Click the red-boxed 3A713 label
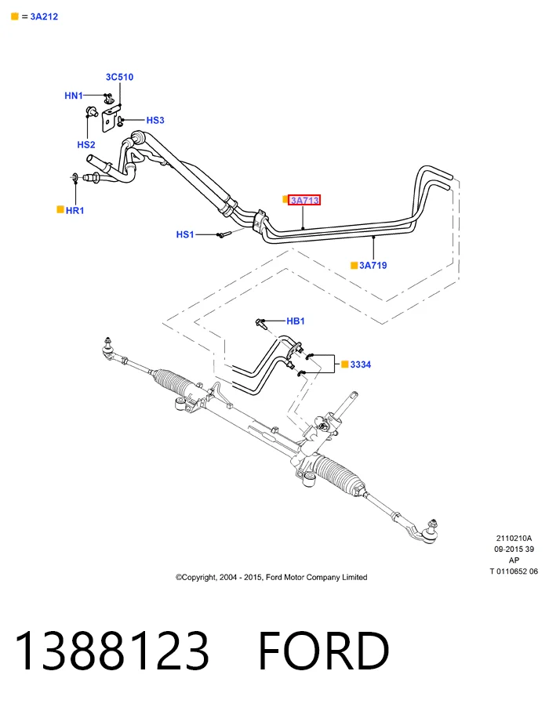[x=304, y=200]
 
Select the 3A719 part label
[x=373, y=265]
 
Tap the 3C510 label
[x=119, y=77]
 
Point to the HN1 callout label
[x=74, y=96]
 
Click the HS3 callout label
[x=155, y=120]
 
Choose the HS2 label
[x=86, y=145]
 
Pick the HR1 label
[x=75, y=210]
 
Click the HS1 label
[x=184, y=234]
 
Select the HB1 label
[x=296, y=321]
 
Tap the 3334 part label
[x=360, y=365]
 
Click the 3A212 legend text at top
[x=44, y=16]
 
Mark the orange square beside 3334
[x=345, y=364]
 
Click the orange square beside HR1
[x=60, y=209]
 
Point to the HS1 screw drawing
[x=224, y=234]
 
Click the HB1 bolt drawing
[x=261, y=323]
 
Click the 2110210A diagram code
[x=514, y=539]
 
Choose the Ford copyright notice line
[x=271, y=577]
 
